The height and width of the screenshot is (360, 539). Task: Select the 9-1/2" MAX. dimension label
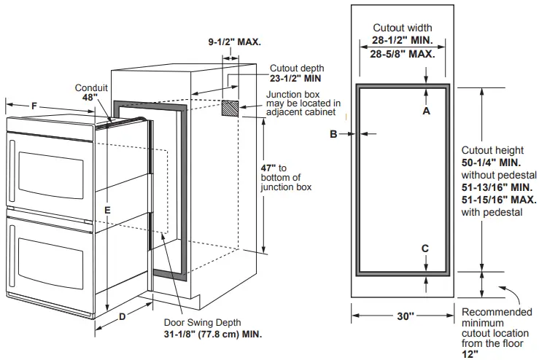coord(234,42)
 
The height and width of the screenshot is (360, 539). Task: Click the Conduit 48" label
coord(91,93)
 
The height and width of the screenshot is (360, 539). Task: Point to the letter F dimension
coord(34,106)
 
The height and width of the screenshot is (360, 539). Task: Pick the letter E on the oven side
coord(107,210)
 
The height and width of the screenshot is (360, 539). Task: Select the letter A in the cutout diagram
coord(427,111)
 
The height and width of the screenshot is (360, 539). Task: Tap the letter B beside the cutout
coord(333,133)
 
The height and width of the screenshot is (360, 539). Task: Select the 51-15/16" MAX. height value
coord(499,200)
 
